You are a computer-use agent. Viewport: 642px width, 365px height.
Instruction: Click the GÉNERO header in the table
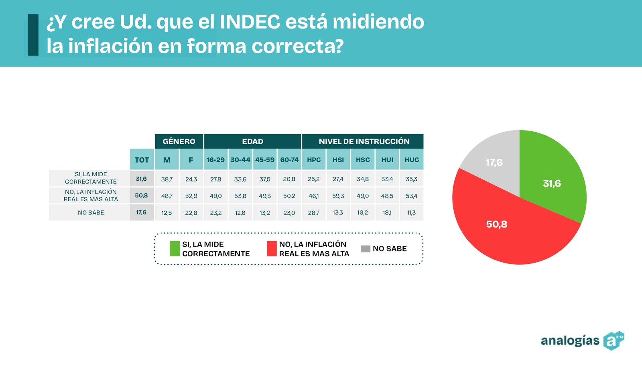point(179,141)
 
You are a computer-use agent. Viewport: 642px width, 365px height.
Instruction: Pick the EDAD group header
point(252,141)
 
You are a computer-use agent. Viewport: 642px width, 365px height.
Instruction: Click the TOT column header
point(142,160)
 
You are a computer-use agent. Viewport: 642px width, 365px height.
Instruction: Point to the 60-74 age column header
point(289,160)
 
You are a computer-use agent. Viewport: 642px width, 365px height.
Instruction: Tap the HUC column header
point(412,160)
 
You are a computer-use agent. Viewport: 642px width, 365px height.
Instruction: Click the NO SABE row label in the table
point(91,212)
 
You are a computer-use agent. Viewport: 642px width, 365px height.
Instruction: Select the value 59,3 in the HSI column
point(338,196)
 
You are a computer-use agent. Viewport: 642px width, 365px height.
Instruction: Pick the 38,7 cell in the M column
point(167,179)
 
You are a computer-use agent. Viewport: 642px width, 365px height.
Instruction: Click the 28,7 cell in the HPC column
point(313,213)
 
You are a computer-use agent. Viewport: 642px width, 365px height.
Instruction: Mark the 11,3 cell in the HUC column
point(412,213)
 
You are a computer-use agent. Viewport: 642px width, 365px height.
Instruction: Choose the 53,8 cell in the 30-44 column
point(240,196)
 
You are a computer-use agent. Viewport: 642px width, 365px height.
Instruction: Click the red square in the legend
point(272,249)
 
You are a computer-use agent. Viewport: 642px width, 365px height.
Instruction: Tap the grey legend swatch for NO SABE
point(366,249)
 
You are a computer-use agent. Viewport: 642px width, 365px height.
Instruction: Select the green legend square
point(175,249)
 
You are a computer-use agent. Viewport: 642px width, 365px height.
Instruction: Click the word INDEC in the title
point(250,22)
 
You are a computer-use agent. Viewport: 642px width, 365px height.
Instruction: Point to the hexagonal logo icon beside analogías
point(614,341)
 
